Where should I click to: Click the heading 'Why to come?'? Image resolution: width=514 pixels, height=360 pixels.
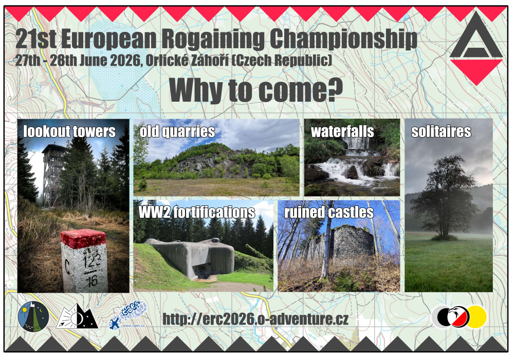tap(255, 90)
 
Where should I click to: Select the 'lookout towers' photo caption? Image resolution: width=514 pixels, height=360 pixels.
tap(69, 131)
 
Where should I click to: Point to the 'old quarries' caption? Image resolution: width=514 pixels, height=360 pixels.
tap(177, 131)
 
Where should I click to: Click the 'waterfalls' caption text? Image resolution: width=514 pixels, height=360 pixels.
tap(342, 131)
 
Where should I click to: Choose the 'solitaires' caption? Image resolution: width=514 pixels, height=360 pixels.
tap(441, 131)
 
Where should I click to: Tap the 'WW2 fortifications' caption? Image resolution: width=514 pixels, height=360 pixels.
tap(197, 212)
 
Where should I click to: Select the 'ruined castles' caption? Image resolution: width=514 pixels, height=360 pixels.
tap(329, 212)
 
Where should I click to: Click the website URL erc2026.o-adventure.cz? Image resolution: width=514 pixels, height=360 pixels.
tap(255, 319)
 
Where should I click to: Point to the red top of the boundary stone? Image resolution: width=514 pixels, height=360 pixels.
tap(84, 238)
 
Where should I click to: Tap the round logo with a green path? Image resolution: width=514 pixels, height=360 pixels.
tap(33, 317)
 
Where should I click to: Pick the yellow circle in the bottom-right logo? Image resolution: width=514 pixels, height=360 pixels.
tap(477, 317)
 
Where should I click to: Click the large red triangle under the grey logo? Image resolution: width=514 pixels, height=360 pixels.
tap(476, 70)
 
